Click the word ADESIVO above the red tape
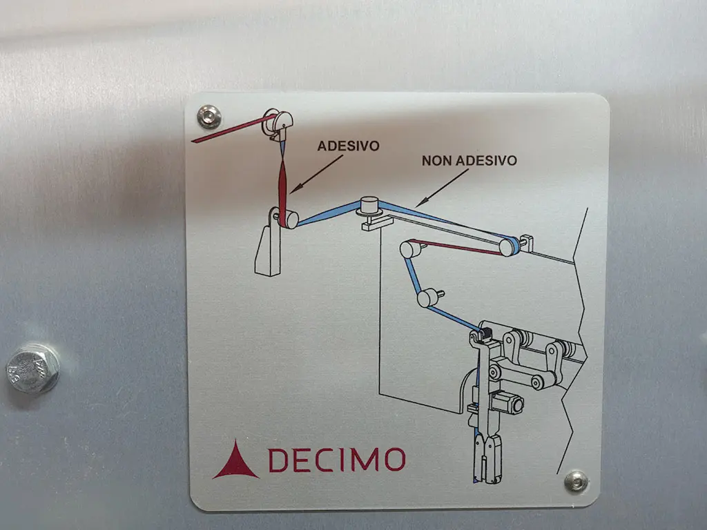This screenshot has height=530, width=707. pyautogui.click(x=348, y=146)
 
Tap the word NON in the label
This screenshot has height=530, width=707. pyautogui.click(x=437, y=161)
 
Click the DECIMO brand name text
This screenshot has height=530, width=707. pyautogui.click(x=337, y=460)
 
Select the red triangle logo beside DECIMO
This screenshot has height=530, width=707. pyautogui.click(x=236, y=460)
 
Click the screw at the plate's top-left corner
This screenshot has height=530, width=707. pyautogui.click(x=209, y=116)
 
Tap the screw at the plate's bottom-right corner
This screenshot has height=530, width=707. pyautogui.click(x=577, y=481)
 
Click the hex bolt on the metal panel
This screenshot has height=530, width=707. pyautogui.click(x=32, y=368)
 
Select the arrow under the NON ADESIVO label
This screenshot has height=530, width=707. pyautogui.click(x=442, y=188)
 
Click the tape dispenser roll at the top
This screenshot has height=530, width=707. pyautogui.click(x=278, y=122)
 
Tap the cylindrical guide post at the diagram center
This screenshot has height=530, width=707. pyautogui.click(x=369, y=206)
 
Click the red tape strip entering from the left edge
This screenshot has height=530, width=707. pyautogui.click(x=233, y=129)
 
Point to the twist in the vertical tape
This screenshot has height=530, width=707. pyautogui.click(x=282, y=158)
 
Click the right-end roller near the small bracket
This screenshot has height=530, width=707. pyautogui.click(x=509, y=246)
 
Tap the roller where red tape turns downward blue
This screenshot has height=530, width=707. pyautogui.click(x=409, y=249)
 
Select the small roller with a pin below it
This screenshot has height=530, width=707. pyautogui.click(x=427, y=298)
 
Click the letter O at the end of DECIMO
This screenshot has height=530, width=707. pyautogui.click(x=395, y=460)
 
